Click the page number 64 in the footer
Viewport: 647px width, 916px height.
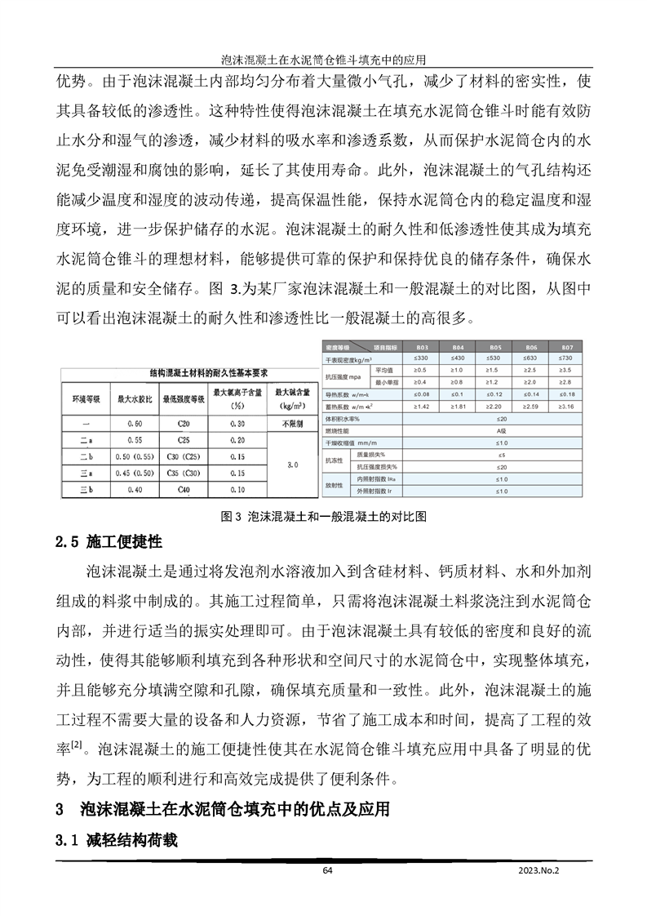point(327,871)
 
